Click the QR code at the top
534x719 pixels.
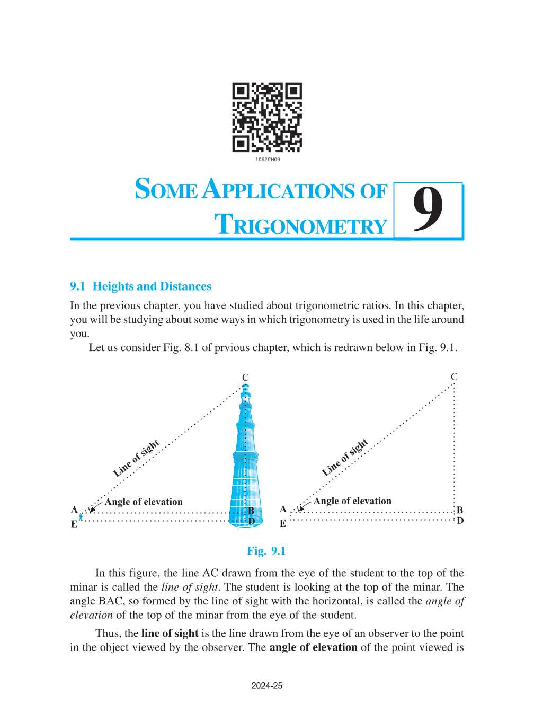(267, 117)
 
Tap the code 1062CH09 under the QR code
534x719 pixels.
(268, 160)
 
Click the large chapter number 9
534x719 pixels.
(428, 211)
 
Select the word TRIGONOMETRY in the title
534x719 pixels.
(300, 225)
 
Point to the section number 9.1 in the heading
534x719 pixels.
(77, 286)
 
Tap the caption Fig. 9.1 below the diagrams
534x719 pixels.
(266, 551)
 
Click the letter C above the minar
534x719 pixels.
(245, 378)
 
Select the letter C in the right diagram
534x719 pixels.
(454, 376)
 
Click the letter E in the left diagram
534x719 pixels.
(74, 524)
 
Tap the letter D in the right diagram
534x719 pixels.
(460, 521)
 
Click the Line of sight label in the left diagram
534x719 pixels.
(136, 459)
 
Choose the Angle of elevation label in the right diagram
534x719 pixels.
(352, 501)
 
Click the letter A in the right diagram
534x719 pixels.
(283, 510)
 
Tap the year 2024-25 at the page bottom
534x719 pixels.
(267, 686)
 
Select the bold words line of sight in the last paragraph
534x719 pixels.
(170, 633)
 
